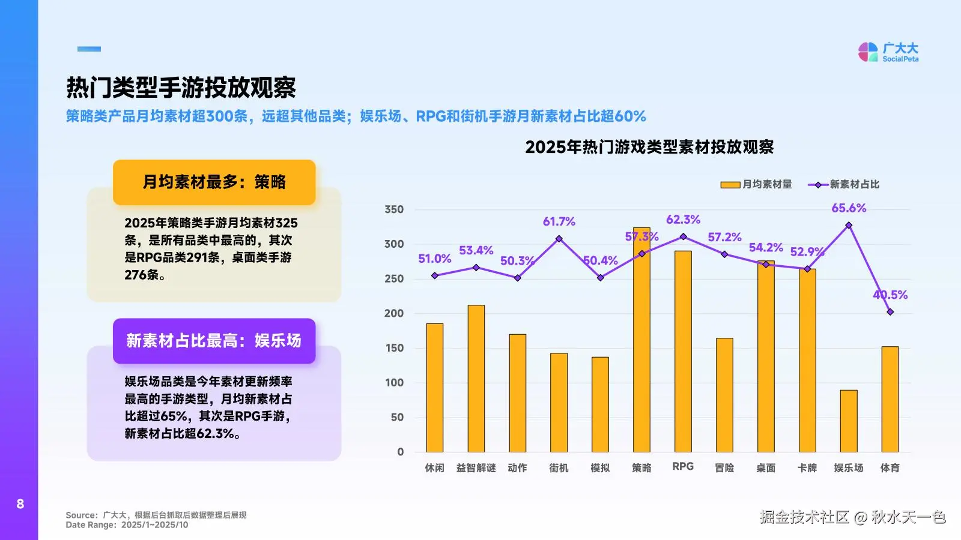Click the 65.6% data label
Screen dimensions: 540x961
tap(848, 208)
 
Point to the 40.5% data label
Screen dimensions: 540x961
tap(890, 295)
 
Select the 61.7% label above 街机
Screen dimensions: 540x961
tap(559, 221)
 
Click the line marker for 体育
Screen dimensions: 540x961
tap(890, 312)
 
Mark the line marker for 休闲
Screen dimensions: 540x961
tap(435, 276)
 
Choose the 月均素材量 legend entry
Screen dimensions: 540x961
tap(756, 184)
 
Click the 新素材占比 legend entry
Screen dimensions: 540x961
tap(844, 184)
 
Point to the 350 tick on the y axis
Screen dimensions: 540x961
tap(394, 209)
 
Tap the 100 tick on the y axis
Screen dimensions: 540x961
tap(394, 382)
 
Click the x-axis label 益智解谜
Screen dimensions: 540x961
tap(476, 467)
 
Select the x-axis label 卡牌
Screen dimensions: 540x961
tap(807, 467)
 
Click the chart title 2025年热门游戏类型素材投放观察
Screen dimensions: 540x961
tap(649, 147)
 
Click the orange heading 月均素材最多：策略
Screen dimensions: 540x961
tap(214, 182)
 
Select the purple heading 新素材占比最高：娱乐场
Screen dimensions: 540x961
tap(214, 341)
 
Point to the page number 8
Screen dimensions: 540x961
tap(20, 504)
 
